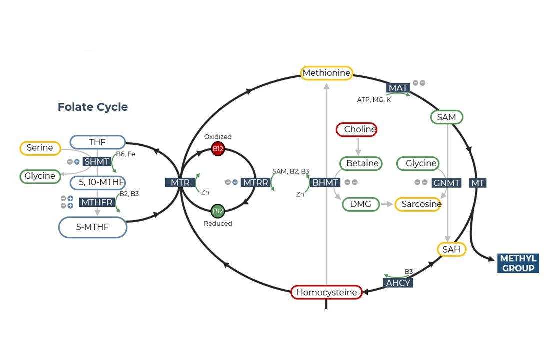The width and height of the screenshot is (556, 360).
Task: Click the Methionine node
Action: click(327, 73)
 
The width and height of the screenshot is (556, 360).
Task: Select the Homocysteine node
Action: click(327, 292)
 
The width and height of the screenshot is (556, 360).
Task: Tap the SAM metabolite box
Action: click(446, 117)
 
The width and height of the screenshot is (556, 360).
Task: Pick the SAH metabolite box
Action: click(451, 249)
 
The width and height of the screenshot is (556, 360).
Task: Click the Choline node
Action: click(357, 130)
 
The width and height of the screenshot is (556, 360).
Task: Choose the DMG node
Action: click(361, 204)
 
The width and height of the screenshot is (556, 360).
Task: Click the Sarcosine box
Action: click(418, 204)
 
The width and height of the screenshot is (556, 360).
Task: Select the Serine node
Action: click(40, 148)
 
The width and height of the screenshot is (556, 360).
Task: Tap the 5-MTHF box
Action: click(93, 228)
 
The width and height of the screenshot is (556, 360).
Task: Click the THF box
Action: click(97, 142)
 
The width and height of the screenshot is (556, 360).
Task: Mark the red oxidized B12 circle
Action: click(218, 149)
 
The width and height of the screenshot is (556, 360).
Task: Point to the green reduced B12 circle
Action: click(218, 211)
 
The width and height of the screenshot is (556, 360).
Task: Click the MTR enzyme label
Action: click(180, 183)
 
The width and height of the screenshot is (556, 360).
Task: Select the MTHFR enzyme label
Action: click(97, 202)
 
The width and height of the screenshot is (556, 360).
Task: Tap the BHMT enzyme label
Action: click(325, 183)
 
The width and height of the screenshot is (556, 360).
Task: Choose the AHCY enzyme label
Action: click(398, 283)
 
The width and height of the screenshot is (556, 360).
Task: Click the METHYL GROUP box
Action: click(518, 263)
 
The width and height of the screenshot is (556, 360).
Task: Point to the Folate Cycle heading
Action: click(93, 107)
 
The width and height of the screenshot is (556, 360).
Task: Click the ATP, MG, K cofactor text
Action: click(374, 100)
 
